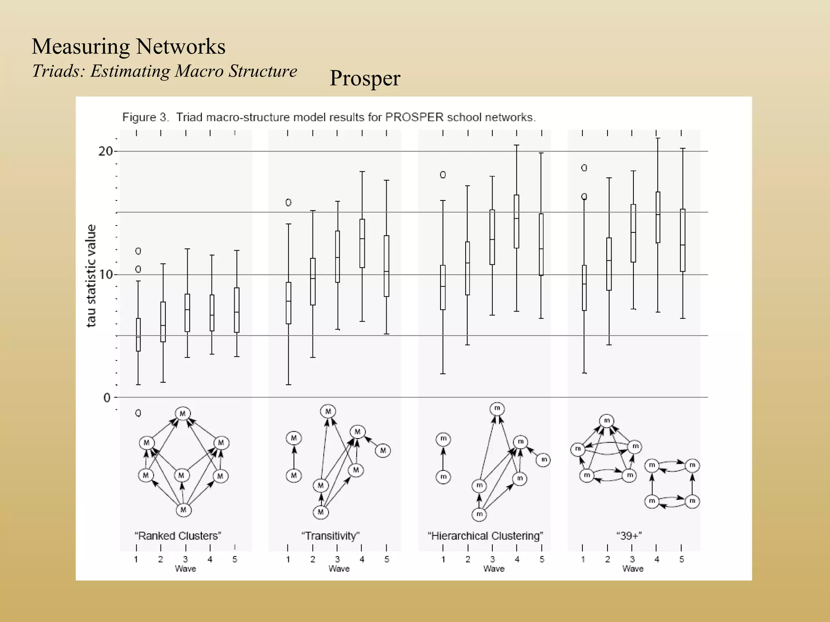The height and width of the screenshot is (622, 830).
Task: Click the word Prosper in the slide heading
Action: tap(365, 78)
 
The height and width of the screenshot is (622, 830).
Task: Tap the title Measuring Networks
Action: tap(128, 46)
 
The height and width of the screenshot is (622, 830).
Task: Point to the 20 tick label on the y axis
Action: tap(105, 151)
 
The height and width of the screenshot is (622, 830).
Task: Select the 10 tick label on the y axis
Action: tap(105, 275)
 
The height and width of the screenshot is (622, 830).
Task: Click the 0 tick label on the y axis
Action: tap(107, 398)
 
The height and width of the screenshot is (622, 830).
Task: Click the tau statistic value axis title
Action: tap(92, 275)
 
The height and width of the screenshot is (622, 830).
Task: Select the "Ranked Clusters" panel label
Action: tap(178, 536)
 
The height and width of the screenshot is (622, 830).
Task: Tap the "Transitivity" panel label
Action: tap(330, 536)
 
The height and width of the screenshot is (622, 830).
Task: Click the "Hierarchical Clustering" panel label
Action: tap(485, 536)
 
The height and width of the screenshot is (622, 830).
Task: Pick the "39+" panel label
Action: tap(629, 536)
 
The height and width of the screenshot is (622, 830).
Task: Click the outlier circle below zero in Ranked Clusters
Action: tap(138, 413)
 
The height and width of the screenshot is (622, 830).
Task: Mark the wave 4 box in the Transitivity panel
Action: tap(362, 243)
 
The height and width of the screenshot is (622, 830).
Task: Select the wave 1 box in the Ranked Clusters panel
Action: tap(138, 334)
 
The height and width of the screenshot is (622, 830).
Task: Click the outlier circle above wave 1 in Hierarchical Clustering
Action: tap(443, 175)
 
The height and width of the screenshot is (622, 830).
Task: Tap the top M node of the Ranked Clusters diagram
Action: tap(183, 413)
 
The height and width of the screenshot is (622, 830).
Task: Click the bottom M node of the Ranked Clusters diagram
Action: tap(183, 509)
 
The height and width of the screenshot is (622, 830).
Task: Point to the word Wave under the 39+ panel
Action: tap(633, 569)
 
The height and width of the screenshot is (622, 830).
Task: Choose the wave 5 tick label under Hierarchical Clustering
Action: tap(542, 559)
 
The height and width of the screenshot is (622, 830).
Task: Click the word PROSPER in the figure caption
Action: tap(414, 117)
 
